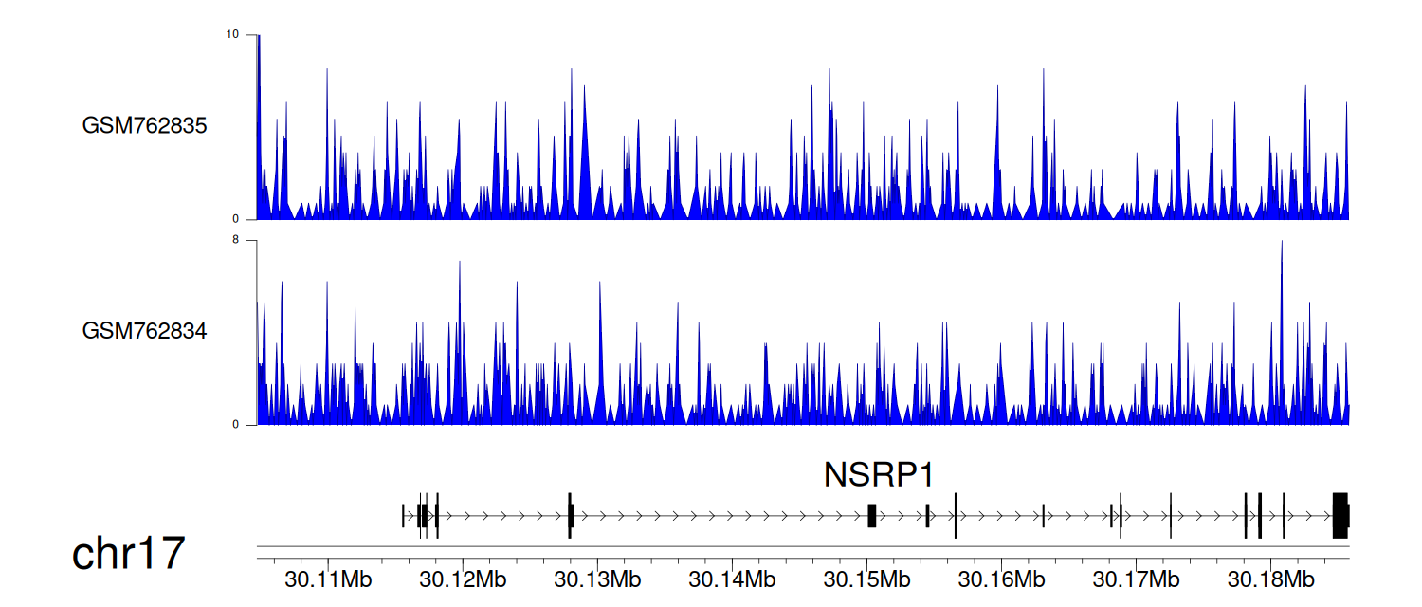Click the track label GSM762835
point(144,126)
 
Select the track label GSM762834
point(144,331)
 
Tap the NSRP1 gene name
point(879,474)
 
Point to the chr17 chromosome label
point(128,553)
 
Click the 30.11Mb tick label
point(328,579)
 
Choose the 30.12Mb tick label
point(463,579)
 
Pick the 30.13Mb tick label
point(597,579)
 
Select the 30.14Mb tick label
point(732,579)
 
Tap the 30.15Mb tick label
point(866,579)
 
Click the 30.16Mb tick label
point(1001,579)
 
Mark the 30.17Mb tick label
point(1136,579)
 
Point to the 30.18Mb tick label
point(1270,579)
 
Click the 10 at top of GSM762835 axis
point(232,34)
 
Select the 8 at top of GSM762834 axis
point(235,240)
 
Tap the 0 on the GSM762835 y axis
point(235,219)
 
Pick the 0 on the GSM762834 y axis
point(235,425)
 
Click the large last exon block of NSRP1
point(1340,516)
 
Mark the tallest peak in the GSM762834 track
point(1282,242)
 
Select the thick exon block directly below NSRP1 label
point(872,516)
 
